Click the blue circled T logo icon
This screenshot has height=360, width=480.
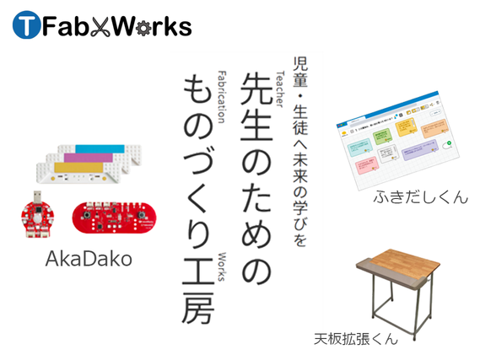[x=25, y=27]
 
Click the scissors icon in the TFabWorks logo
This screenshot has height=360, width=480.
[x=110, y=27]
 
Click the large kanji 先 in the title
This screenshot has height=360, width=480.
[x=251, y=89]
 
